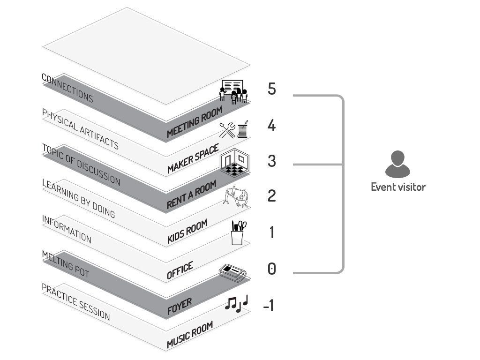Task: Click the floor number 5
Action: (272, 89)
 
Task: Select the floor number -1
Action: (269, 306)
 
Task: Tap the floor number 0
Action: (272, 269)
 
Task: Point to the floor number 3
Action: (272, 161)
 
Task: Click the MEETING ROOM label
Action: (195, 122)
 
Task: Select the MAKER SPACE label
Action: (193, 158)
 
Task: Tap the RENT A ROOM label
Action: (192, 195)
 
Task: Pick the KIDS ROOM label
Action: (187, 232)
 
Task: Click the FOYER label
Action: (180, 306)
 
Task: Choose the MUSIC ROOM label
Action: (190, 335)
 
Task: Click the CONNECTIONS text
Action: (67, 88)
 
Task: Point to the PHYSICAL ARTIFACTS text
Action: (80, 129)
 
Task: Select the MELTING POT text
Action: (66, 264)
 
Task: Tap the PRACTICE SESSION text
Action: (76, 302)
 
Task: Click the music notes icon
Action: (236, 304)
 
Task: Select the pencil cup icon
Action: (238, 232)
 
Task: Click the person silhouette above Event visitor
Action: (397, 164)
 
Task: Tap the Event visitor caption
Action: (398, 187)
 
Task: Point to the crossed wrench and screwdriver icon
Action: (227, 130)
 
